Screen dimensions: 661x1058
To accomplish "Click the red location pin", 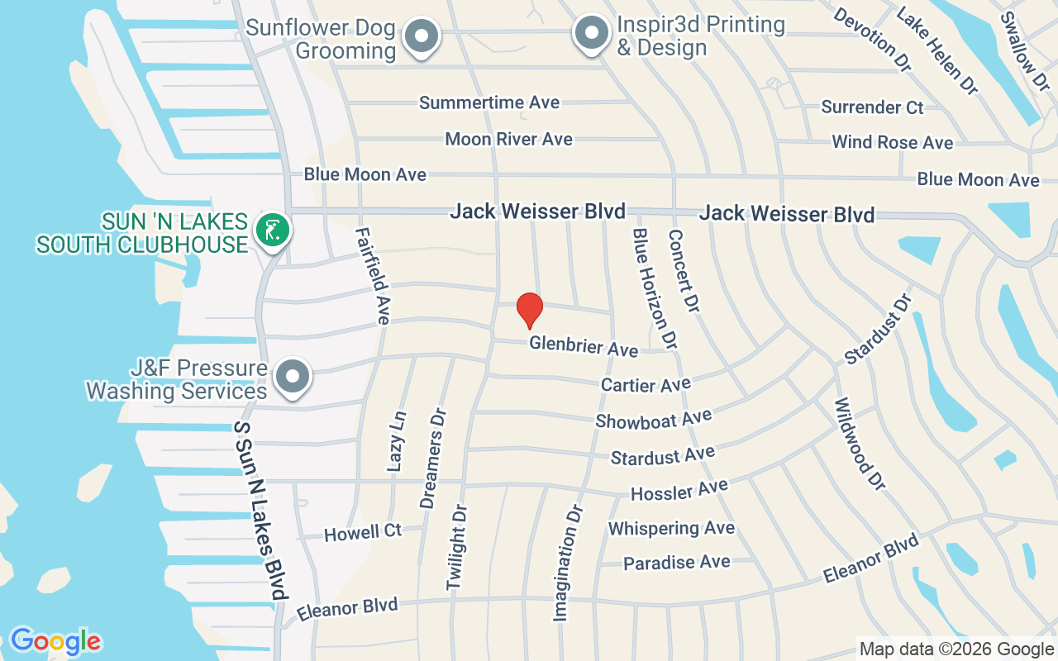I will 529,311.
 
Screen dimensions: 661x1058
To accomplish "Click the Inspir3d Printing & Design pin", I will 591,34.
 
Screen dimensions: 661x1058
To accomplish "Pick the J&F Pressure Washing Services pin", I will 293,377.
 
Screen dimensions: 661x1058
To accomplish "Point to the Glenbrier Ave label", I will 584,345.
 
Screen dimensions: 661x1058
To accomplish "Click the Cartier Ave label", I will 646,385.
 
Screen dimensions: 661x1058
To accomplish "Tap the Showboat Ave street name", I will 654,420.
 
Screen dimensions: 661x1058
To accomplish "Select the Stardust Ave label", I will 662,455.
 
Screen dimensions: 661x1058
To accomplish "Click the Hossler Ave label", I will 679,491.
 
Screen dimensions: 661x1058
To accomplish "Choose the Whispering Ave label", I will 671,528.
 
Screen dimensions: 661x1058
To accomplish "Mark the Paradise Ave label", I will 677,563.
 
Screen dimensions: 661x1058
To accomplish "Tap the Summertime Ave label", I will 489,103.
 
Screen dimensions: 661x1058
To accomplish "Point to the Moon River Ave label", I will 508,139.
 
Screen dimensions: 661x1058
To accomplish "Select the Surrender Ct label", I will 872,107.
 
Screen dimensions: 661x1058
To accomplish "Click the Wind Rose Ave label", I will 893,142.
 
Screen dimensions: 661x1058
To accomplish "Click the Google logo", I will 55,641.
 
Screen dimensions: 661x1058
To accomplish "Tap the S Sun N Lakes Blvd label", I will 260,510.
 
